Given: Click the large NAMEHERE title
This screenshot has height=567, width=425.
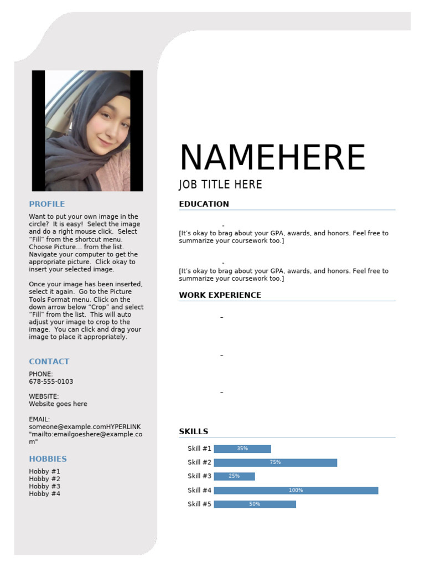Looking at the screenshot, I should (x=272, y=158).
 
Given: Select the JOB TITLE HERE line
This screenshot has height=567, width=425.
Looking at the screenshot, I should (x=220, y=185).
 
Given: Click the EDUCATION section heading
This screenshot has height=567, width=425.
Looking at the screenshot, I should (x=204, y=204).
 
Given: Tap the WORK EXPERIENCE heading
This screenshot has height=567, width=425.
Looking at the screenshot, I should (x=220, y=295).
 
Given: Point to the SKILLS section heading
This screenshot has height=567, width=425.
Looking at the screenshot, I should (x=193, y=431).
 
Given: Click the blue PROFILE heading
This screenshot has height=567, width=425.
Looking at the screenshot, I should (x=47, y=204).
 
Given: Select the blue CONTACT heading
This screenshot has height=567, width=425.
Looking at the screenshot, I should (x=49, y=362).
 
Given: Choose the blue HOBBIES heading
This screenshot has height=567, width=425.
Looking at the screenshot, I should (x=48, y=459).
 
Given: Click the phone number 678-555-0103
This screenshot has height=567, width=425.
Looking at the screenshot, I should (x=51, y=382).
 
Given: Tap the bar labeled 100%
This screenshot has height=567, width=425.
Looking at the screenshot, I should (x=296, y=490).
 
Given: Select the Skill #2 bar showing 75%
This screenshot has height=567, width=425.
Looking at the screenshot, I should (x=275, y=462).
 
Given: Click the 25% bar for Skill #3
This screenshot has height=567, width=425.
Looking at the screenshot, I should (x=234, y=476).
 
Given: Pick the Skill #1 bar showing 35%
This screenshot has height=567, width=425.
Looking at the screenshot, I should (x=242, y=449).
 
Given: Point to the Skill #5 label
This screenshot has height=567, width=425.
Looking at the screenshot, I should (x=199, y=504).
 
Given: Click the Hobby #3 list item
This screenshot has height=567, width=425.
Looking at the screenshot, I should (x=45, y=486).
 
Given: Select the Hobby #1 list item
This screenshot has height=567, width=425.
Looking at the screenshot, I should (x=45, y=471).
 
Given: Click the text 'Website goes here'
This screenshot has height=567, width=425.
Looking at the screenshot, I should (x=58, y=404).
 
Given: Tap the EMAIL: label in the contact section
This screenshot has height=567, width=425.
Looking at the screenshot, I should (x=39, y=419).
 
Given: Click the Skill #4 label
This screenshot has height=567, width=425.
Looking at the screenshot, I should (x=199, y=490).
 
